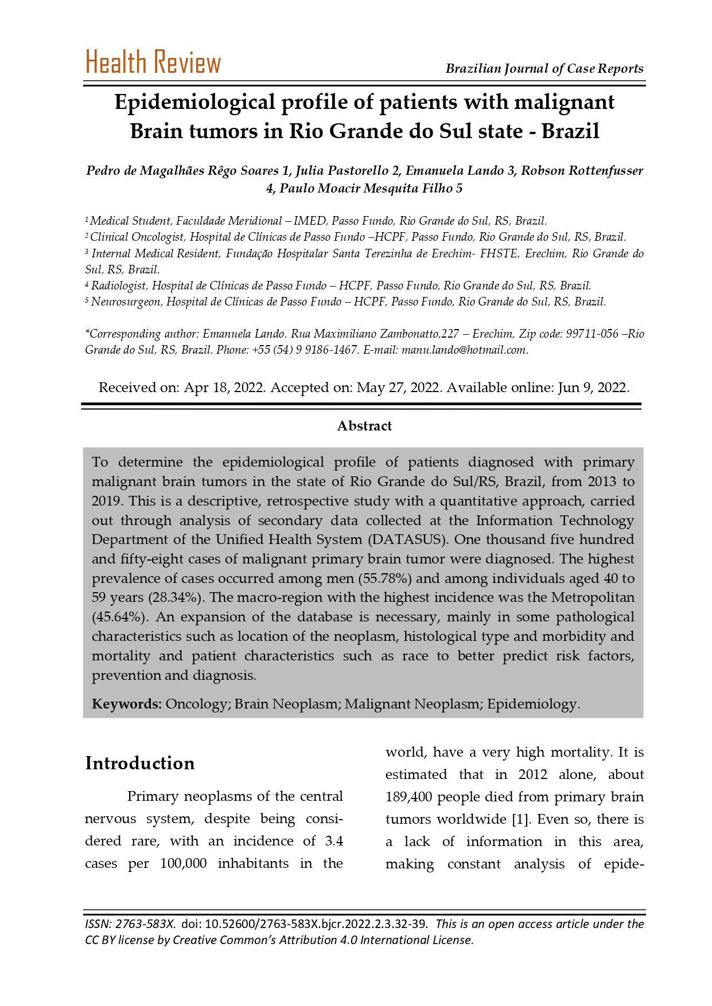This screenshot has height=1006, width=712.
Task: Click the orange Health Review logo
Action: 153,62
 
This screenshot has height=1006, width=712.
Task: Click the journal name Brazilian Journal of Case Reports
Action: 544,69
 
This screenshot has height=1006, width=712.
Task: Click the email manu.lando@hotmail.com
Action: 464,350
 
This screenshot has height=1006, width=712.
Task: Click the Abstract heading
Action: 364,426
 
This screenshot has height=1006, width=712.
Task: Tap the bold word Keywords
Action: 127,704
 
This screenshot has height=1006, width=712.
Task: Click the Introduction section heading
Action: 140,764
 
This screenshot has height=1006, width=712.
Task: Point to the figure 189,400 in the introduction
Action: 408,797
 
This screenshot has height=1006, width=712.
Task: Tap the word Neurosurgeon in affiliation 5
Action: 126,302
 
